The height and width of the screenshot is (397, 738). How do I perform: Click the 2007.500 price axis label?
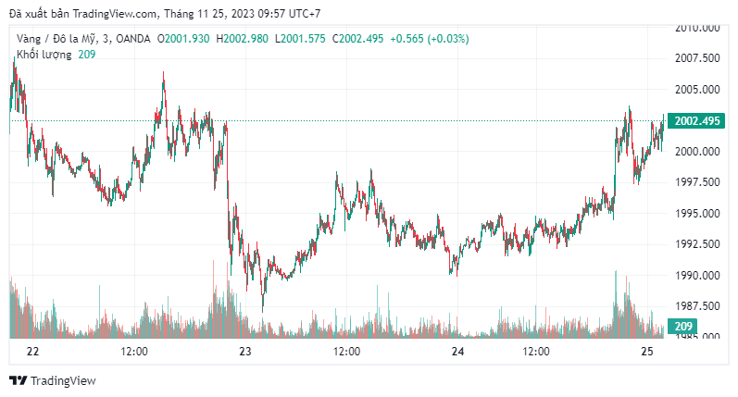point(695,58)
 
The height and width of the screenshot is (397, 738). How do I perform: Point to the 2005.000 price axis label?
point(695,90)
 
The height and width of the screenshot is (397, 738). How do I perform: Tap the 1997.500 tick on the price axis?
point(695,182)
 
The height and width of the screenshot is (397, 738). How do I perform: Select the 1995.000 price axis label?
point(695,214)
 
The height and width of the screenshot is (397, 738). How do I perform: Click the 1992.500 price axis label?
point(695,244)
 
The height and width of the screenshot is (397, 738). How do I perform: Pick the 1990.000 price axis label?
point(695,276)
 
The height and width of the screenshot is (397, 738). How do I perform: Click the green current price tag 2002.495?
point(696,121)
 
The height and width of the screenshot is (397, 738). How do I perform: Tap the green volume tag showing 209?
point(683,327)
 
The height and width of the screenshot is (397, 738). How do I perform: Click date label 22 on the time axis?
point(33,352)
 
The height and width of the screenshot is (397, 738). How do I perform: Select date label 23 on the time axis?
point(245,352)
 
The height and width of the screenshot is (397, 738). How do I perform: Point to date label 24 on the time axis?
point(457,352)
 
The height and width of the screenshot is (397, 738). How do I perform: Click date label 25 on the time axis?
point(648,352)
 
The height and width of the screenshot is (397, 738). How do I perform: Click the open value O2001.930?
point(185,39)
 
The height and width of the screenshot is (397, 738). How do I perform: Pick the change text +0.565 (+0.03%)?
point(430,39)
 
